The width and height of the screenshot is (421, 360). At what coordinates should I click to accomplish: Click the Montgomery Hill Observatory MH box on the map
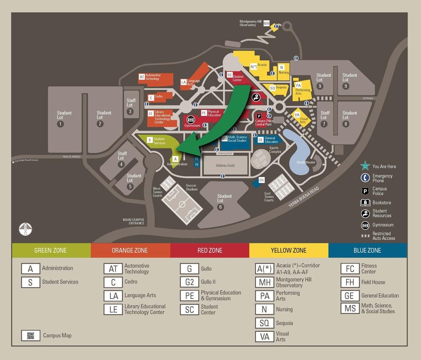pos(266,24)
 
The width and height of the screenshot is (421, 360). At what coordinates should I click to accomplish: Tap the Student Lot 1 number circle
pos(60,124)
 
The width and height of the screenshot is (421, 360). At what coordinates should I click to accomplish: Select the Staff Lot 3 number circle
pos(131,111)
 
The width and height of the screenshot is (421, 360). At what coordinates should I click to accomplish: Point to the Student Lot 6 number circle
pos(221,207)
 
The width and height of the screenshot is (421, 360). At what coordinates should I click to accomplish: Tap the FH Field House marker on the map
pos(261,180)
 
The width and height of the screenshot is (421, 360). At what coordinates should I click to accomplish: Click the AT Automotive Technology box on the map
pos(142,77)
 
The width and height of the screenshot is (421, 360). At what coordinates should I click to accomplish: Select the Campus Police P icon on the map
pos(259,116)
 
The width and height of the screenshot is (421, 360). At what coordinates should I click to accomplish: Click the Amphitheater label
pos(306,162)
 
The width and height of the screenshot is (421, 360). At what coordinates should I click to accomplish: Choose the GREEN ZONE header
pos(51,250)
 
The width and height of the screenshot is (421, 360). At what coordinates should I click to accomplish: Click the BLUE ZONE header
pos(367,250)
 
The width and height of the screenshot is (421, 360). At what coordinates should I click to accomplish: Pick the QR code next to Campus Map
pos(30,336)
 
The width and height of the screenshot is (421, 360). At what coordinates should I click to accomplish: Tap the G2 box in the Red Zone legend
pos(189,282)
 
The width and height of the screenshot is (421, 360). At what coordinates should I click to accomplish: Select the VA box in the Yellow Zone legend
pos(264,336)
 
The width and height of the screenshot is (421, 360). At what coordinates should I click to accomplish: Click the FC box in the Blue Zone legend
pos(350,269)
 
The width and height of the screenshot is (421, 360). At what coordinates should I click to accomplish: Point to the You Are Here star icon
pos(365,166)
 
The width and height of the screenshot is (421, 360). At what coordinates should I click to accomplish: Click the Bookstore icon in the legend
pos(365,203)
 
